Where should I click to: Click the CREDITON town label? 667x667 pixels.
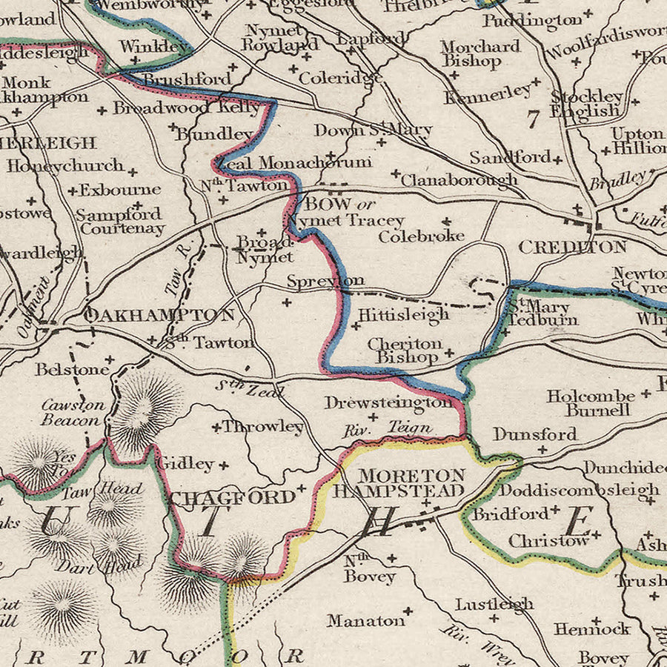[572, 247]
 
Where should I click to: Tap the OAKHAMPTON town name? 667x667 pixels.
[160, 315]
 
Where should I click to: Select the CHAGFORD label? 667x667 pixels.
[232, 497]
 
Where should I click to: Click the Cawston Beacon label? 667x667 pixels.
[73, 412]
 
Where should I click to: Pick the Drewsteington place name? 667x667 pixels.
[387, 402]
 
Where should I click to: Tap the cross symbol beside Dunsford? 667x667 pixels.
[542, 449]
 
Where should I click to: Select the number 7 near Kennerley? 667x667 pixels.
[531, 119]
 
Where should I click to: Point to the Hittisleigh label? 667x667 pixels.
[403, 314]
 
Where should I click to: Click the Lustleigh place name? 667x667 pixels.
[494, 603]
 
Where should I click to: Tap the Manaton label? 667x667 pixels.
[365, 620]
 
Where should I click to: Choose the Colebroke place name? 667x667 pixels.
[421, 236]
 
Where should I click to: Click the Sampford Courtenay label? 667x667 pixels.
[121, 222]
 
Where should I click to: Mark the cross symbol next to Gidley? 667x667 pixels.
[222, 465]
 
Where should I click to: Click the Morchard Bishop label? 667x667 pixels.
[479, 53]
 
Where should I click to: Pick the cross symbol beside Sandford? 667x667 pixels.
[557, 159]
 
